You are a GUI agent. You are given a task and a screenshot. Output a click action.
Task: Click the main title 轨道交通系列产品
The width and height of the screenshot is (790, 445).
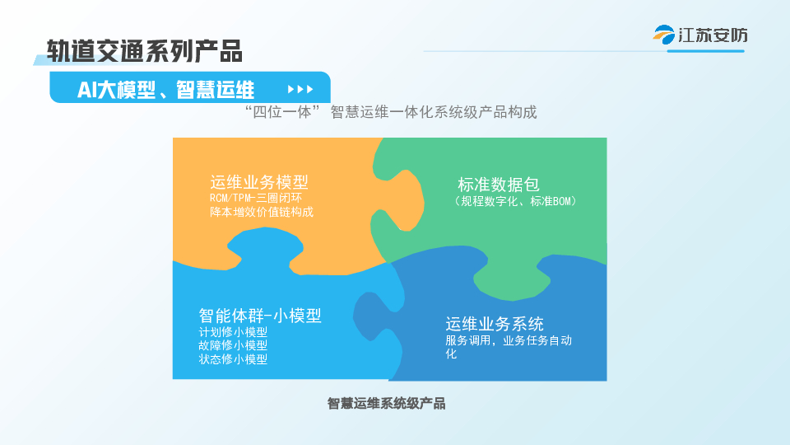(x=145, y=51)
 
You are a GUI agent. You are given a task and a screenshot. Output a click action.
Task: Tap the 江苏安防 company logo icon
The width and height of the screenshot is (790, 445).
(x=664, y=35)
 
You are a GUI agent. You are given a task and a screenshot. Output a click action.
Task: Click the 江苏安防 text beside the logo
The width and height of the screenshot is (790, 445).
(x=713, y=35)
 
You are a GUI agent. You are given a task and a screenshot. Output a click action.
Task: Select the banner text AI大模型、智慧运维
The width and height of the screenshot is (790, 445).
(x=165, y=90)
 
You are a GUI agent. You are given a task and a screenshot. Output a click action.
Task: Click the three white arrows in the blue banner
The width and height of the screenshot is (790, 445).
(x=300, y=89)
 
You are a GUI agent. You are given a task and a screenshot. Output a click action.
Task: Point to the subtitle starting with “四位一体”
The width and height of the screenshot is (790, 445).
(x=390, y=111)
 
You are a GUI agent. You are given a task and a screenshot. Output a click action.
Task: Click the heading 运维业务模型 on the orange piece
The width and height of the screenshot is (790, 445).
(x=259, y=181)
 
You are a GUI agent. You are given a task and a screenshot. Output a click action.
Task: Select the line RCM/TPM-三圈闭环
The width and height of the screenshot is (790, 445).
(x=256, y=198)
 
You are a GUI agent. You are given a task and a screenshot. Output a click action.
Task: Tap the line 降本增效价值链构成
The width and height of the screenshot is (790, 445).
(x=262, y=212)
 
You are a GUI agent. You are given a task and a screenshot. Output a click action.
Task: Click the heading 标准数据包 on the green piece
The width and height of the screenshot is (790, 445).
(x=499, y=184)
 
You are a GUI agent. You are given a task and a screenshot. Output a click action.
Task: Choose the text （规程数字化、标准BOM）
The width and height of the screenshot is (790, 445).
(x=513, y=201)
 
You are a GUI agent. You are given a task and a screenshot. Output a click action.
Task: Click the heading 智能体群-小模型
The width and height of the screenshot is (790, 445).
(x=260, y=316)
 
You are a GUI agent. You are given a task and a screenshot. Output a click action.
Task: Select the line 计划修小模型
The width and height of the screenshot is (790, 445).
(x=233, y=332)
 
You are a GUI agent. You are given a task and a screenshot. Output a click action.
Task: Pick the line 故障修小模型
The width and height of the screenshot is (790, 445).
(x=233, y=345)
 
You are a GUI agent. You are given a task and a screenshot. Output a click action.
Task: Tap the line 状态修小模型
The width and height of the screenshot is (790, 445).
(x=233, y=359)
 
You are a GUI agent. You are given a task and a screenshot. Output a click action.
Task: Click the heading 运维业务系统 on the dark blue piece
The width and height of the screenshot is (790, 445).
(x=495, y=323)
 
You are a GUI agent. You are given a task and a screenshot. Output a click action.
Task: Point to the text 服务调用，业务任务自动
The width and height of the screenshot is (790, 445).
(x=509, y=340)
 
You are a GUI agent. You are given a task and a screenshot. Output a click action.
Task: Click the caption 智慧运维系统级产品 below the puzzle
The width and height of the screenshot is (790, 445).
(x=387, y=404)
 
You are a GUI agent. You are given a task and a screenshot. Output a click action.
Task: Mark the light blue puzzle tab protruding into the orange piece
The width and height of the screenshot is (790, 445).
(x=265, y=247)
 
